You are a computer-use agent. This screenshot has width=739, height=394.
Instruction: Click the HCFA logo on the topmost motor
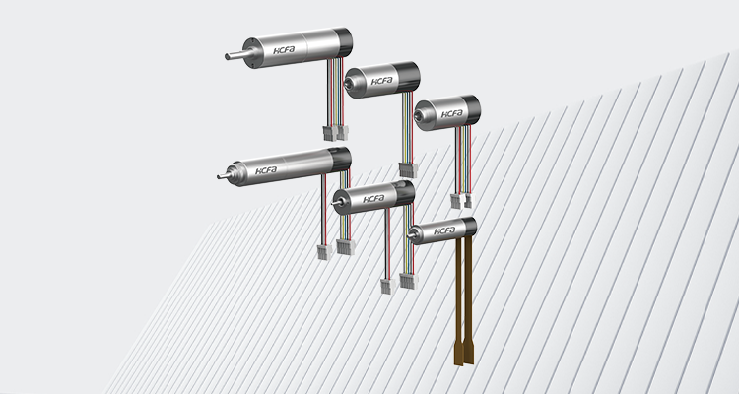(284, 50)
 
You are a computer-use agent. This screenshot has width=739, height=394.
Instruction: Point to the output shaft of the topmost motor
(235, 55)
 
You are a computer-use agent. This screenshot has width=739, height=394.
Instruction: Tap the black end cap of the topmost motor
(343, 42)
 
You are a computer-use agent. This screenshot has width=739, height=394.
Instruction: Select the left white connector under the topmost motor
(330, 133)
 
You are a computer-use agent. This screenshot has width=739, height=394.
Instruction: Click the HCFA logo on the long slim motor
(266, 170)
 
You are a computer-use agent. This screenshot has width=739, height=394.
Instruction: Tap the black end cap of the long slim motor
(340, 160)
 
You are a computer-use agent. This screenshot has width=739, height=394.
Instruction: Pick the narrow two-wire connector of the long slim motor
(324, 252)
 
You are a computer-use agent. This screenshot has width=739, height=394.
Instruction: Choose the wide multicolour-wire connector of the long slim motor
(345, 247)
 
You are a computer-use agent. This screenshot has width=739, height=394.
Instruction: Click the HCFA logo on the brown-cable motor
(444, 230)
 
